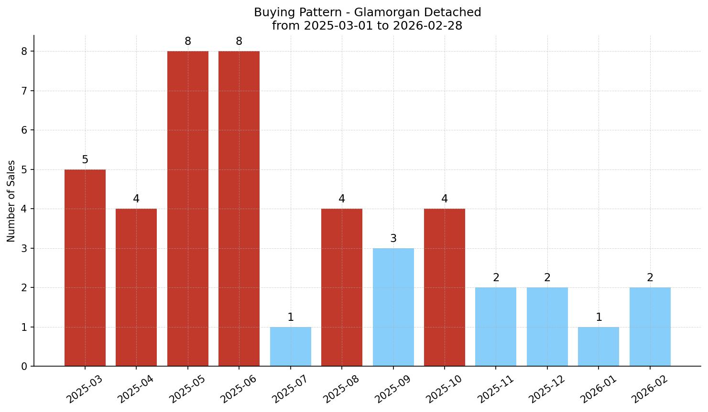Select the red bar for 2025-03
coord(85,268)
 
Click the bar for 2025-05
coord(188,209)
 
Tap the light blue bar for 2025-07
coord(291,347)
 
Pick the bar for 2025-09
coord(393,307)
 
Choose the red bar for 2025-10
coord(445,287)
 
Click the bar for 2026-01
coord(599,347)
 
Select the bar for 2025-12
coord(547,327)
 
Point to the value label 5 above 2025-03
coord(85,160)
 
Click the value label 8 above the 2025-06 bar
coord(239,42)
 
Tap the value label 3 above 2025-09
coord(393,239)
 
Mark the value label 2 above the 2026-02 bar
coord(650,278)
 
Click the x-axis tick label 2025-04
coord(136,389)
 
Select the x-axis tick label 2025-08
coord(341,389)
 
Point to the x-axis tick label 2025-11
coord(495,389)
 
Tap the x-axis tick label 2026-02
coord(649,389)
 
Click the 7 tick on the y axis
coord(24,91)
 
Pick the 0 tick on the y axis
coord(24,367)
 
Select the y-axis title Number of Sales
coord(11,201)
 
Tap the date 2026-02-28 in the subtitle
coord(428,26)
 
